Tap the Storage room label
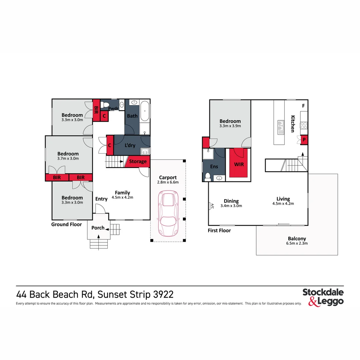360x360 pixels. tap(138, 161)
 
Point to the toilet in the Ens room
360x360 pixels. tap(208, 176)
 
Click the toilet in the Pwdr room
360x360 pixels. tap(106, 105)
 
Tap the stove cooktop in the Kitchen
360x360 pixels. tap(304, 125)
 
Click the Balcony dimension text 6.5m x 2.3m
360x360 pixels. tap(297, 243)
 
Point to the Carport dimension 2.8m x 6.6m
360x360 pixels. tap(168, 182)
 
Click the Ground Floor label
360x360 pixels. tap(66, 224)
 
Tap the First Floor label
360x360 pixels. tap(219, 230)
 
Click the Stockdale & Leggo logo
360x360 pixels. tap(323, 297)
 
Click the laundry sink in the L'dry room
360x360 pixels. tap(145, 151)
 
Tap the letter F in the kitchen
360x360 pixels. tap(303, 106)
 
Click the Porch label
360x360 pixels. tap(98, 228)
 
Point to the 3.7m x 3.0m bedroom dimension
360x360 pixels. tap(70, 159)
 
